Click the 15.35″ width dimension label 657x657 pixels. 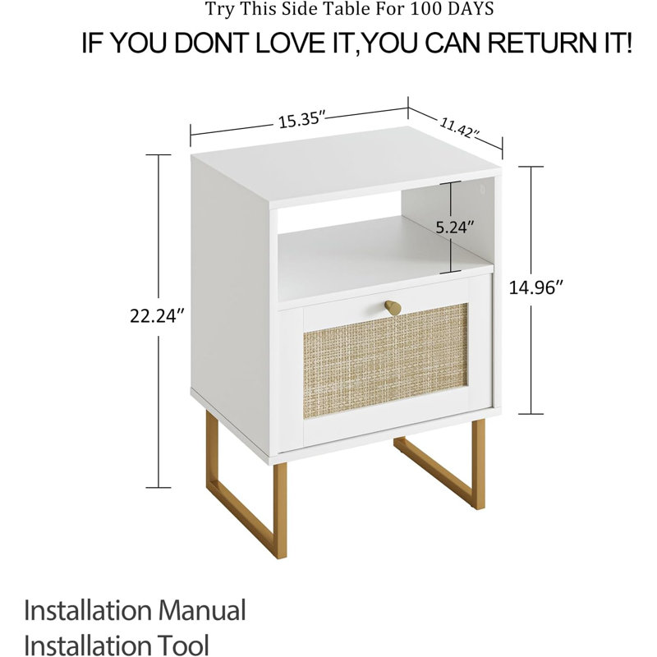click(x=301, y=121)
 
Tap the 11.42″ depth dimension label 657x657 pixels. click(x=459, y=127)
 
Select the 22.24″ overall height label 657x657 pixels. click(x=157, y=316)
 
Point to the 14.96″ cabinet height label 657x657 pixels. click(x=535, y=288)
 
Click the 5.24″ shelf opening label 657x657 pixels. click(x=455, y=227)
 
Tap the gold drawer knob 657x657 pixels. click(x=393, y=307)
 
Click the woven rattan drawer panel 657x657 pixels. click(x=384, y=361)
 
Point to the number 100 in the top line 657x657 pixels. click(x=426, y=9)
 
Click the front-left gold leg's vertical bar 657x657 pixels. click(x=280, y=511)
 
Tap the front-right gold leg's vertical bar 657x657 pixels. click(x=478, y=464)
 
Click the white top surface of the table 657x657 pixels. click(x=346, y=167)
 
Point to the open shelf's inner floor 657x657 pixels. click(x=377, y=260)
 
